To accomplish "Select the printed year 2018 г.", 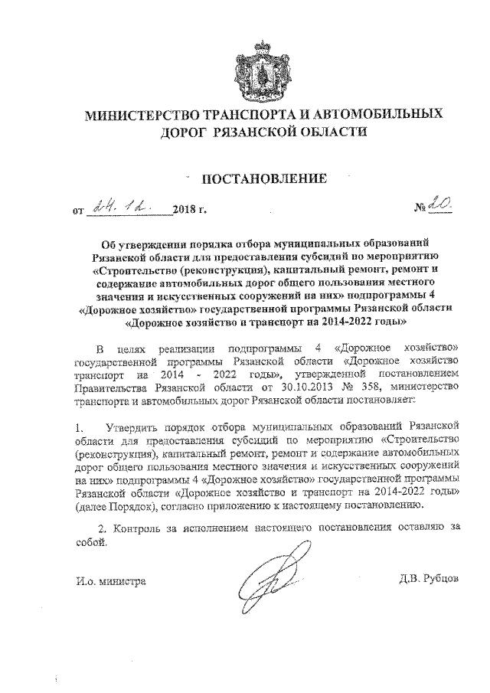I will (x=190, y=208).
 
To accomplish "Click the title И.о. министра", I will (x=111, y=581).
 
